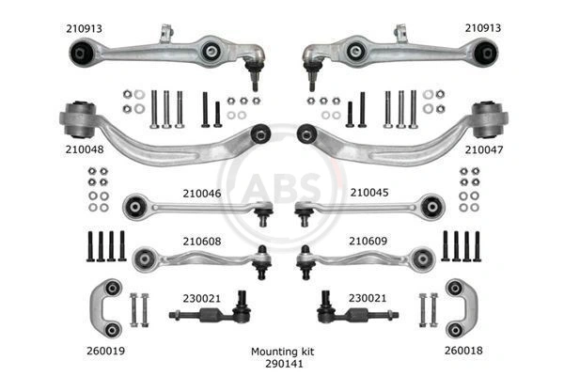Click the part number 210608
coord(200,241)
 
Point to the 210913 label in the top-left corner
coord(85,29)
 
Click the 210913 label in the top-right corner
coord(484,29)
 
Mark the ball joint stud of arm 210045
coord(303,216)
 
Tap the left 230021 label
coord(200,298)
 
